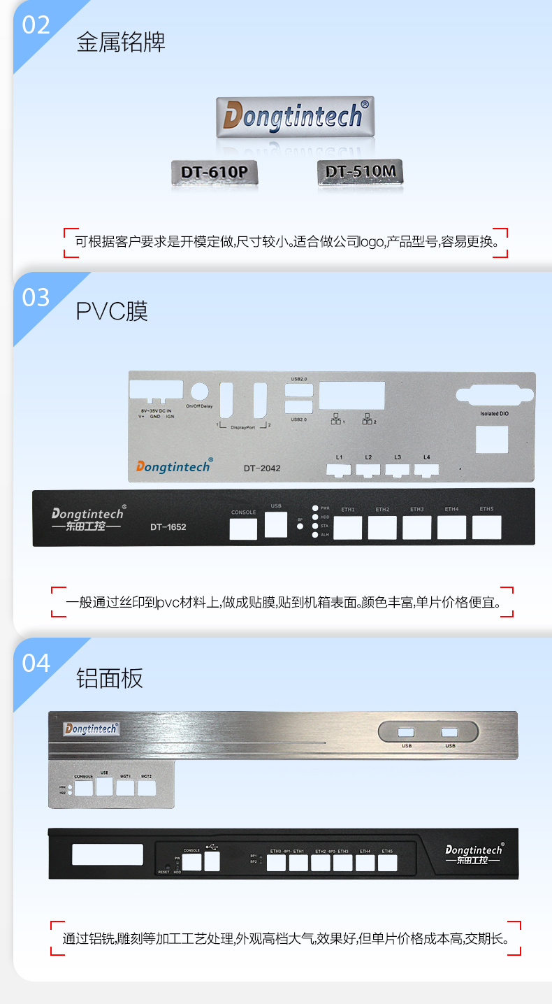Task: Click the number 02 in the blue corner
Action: pyautogui.click(x=36, y=24)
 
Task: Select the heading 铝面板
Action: pyautogui.click(x=110, y=677)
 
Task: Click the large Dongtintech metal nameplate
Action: pyautogui.click(x=293, y=116)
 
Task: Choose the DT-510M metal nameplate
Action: pyautogui.click(x=360, y=171)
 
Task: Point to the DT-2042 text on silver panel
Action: pyautogui.click(x=262, y=468)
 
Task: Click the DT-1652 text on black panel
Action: pyautogui.click(x=168, y=526)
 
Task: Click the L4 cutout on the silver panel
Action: pyautogui.click(x=426, y=469)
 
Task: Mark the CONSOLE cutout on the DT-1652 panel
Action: pyautogui.click(x=243, y=529)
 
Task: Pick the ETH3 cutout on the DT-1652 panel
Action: pyautogui.click(x=416, y=527)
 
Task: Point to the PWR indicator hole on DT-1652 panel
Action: pyautogui.click(x=315, y=508)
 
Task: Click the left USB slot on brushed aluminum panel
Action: pyautogui.click(x=407, y=733)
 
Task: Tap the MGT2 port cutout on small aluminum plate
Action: pyautogui.click(x=147, y=788)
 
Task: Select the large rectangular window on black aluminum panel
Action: pyautogui.click(x=107, y=854)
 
